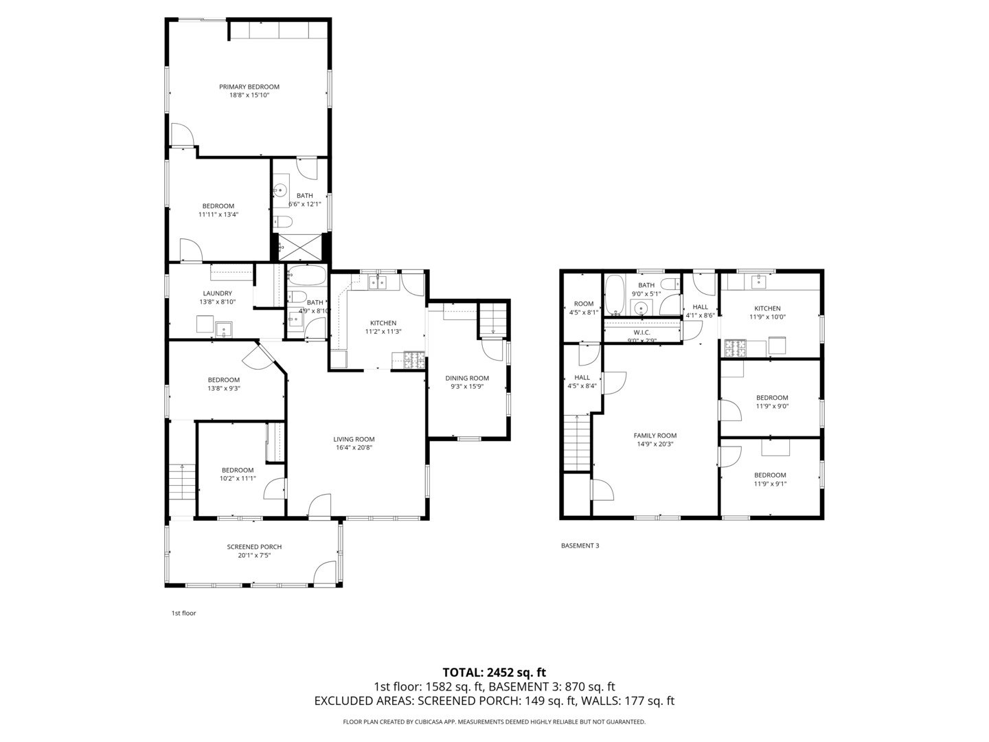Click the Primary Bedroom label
click(x=249, y=87)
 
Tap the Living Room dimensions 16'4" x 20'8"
click(x=354, y=448)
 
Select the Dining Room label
click(x=467, y=378)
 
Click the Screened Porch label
click(x=254, y=547)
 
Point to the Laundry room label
click(x=217, y=293)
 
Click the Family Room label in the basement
click(x=655, y=436)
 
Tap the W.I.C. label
click(x=641, y=332)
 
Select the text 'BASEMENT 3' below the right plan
click(x=580, y=546)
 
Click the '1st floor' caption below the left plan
click(x=183, y=613)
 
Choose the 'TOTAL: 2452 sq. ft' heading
click(x=494, y=672)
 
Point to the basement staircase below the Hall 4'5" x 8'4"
click(x=577, y=443)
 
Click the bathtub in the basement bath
click(x=613, y=295)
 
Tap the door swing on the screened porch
click(x=326, y=572)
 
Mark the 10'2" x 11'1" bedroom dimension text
click(x=238, y=478)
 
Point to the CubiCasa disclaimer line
click(x=494, y=721)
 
